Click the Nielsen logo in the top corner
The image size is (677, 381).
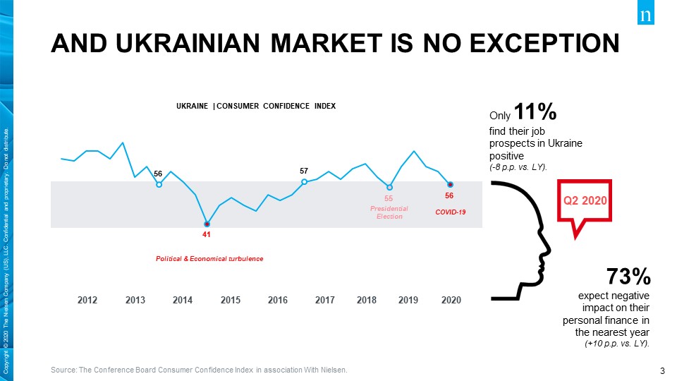click(646, 16)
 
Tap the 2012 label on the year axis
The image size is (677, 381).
click(87, 300)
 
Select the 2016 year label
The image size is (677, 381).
click(278, 300)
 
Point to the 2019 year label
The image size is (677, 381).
click(408, 300)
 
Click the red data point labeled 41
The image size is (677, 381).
click(207, 223)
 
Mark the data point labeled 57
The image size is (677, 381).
click(304, 181)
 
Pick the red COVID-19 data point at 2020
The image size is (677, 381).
click(449, 185)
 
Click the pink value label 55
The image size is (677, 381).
click(389, 199)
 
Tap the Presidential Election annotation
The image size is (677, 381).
click(389, 212)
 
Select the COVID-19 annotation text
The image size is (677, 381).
click(450, 212)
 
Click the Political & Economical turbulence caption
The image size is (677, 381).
click(209, 259)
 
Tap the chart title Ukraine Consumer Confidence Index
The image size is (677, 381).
click(256, 106)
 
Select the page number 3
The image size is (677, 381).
click(662, 370)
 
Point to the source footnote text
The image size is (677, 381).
click(200, 370)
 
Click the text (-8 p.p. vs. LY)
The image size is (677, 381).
click(518, 167)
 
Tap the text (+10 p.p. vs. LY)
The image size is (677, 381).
click(617, 343)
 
